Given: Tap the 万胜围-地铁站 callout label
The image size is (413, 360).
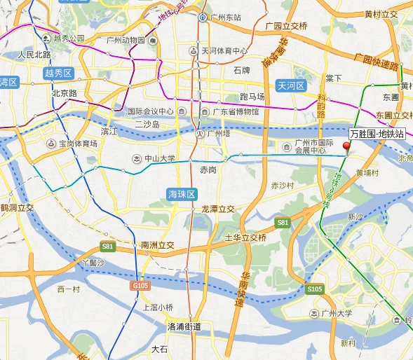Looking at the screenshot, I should pos(377,134).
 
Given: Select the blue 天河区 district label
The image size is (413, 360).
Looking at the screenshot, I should pos(291,86).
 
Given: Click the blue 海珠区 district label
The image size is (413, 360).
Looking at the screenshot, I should pos(182,193).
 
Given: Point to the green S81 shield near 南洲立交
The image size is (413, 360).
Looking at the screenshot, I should pos(107,246).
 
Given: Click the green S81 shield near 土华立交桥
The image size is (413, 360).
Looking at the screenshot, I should pos(282,222).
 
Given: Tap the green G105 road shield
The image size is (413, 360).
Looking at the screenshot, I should pos(140,286).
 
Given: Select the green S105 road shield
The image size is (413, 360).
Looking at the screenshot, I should pos(314,288).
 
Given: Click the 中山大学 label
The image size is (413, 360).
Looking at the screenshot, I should pos(155,158).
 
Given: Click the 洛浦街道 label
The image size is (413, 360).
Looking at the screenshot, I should pos(184,326).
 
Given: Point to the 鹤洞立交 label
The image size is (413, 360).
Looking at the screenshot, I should pos(17,208).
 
